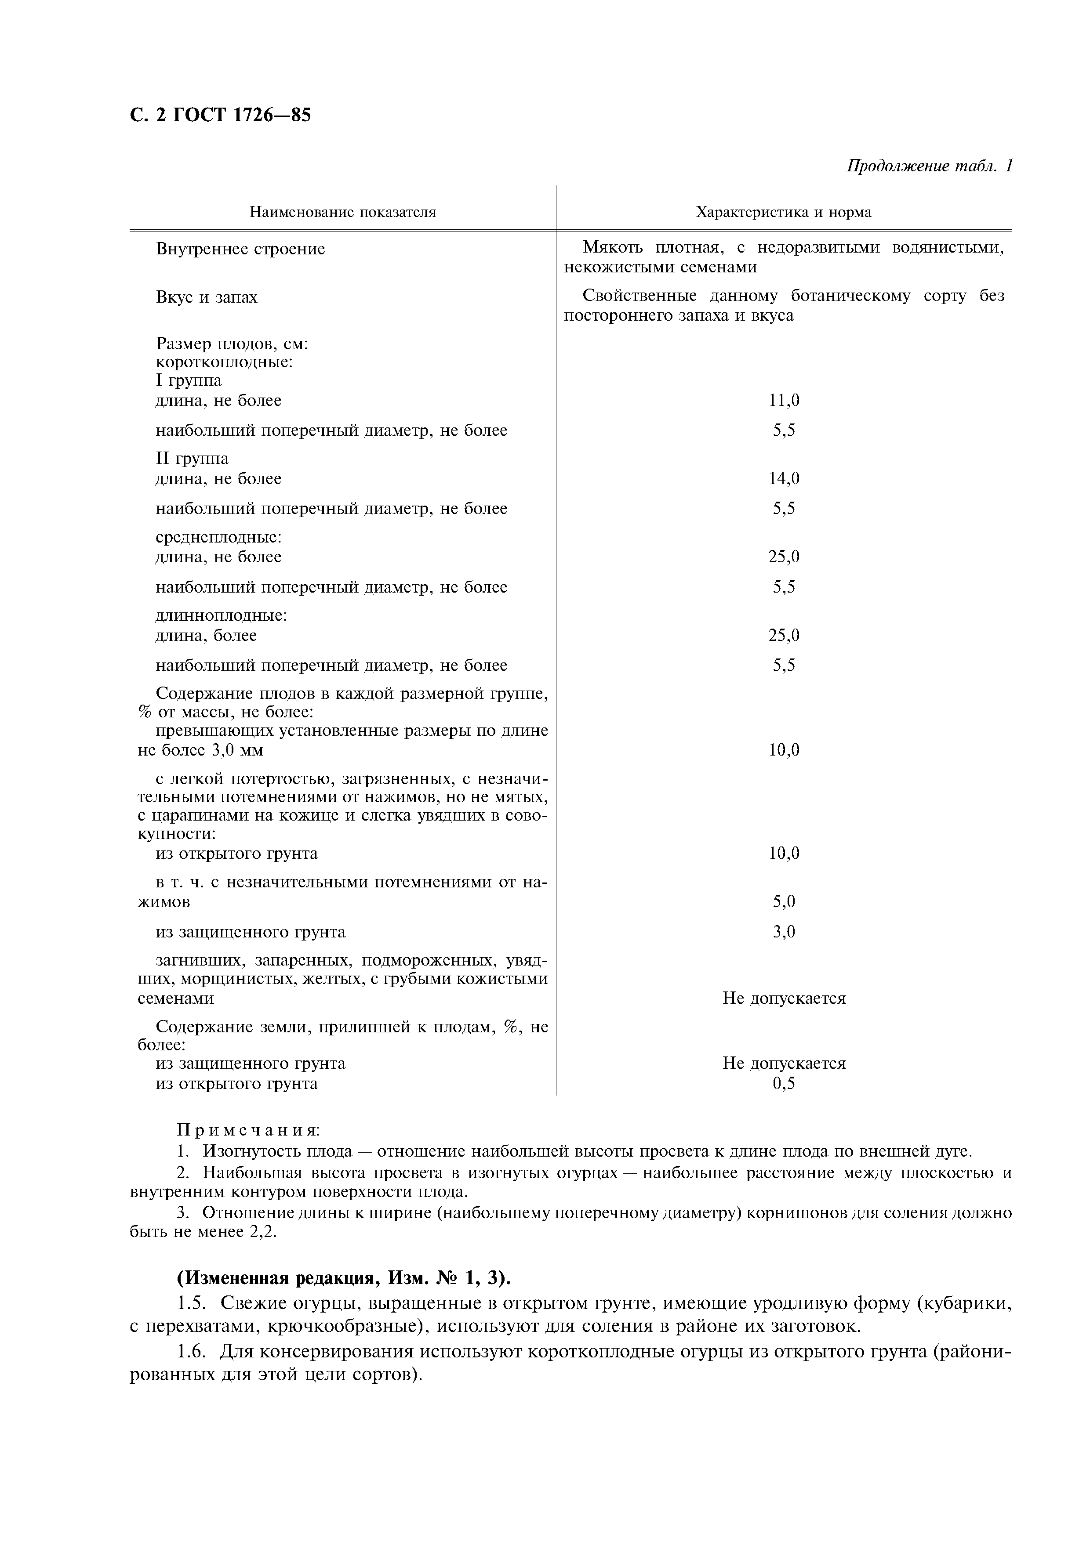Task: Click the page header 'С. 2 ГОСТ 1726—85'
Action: coord(220,116)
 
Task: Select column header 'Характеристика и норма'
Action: coord(783,213)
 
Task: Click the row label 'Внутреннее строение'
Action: coord(240,249)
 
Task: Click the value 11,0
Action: coord(783,401)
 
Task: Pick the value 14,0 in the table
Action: coord(783,478)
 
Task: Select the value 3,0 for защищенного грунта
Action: coord(783,932)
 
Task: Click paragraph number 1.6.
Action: coord(191,1351)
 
